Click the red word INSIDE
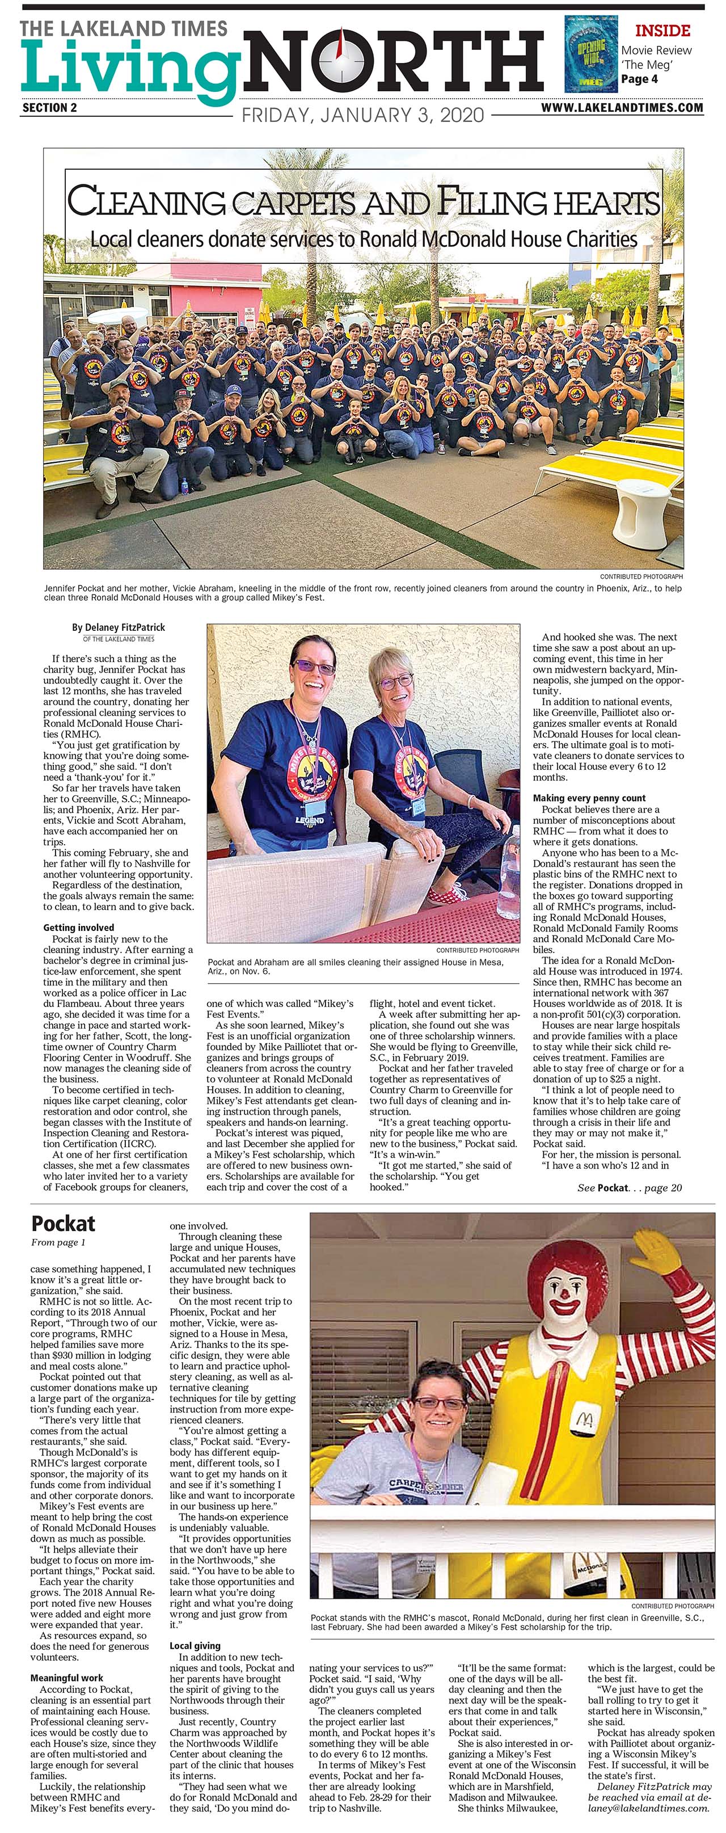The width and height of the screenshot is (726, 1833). (662, 31)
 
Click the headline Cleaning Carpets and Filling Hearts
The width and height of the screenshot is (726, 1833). (364, 201)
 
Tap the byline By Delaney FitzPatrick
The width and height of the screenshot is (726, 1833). (118, 627)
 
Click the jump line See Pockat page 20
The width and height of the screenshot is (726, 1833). (628, 1187)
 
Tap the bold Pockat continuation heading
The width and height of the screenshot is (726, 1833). (64, 1224)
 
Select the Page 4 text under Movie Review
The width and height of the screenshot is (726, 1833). (639, 79)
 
